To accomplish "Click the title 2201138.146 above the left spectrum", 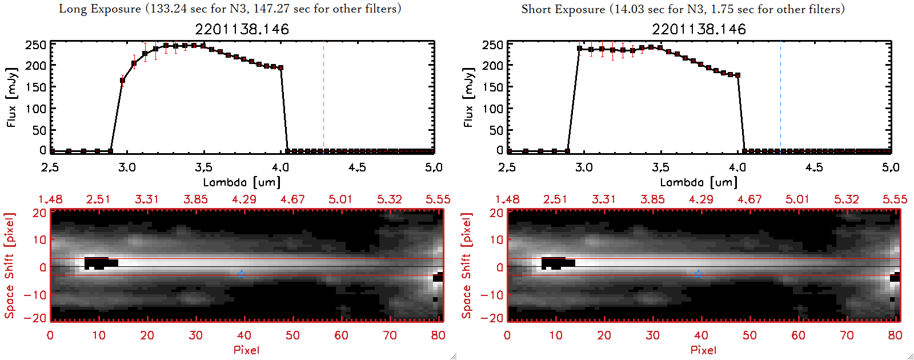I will point(242,29).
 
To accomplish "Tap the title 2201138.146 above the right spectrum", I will point(699,29).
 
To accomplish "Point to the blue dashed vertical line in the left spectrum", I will point(323,97).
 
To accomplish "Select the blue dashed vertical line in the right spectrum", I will point(780,97).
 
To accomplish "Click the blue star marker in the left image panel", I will point(241,274).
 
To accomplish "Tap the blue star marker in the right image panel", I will point(698,274).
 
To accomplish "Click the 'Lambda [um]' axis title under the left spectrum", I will point(242,182).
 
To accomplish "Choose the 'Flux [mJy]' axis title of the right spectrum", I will point(468,97).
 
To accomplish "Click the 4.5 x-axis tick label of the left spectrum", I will point(357,167).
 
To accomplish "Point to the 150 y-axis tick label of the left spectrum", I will point(35,87).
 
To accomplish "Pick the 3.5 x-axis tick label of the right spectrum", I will point(660,167).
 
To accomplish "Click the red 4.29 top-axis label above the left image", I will point(244,199).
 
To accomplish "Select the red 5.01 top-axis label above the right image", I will point(797,199).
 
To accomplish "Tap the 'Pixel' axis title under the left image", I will point(246,350).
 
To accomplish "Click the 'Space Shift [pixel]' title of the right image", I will point(466,266).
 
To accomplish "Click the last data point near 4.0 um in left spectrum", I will point(280,68).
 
